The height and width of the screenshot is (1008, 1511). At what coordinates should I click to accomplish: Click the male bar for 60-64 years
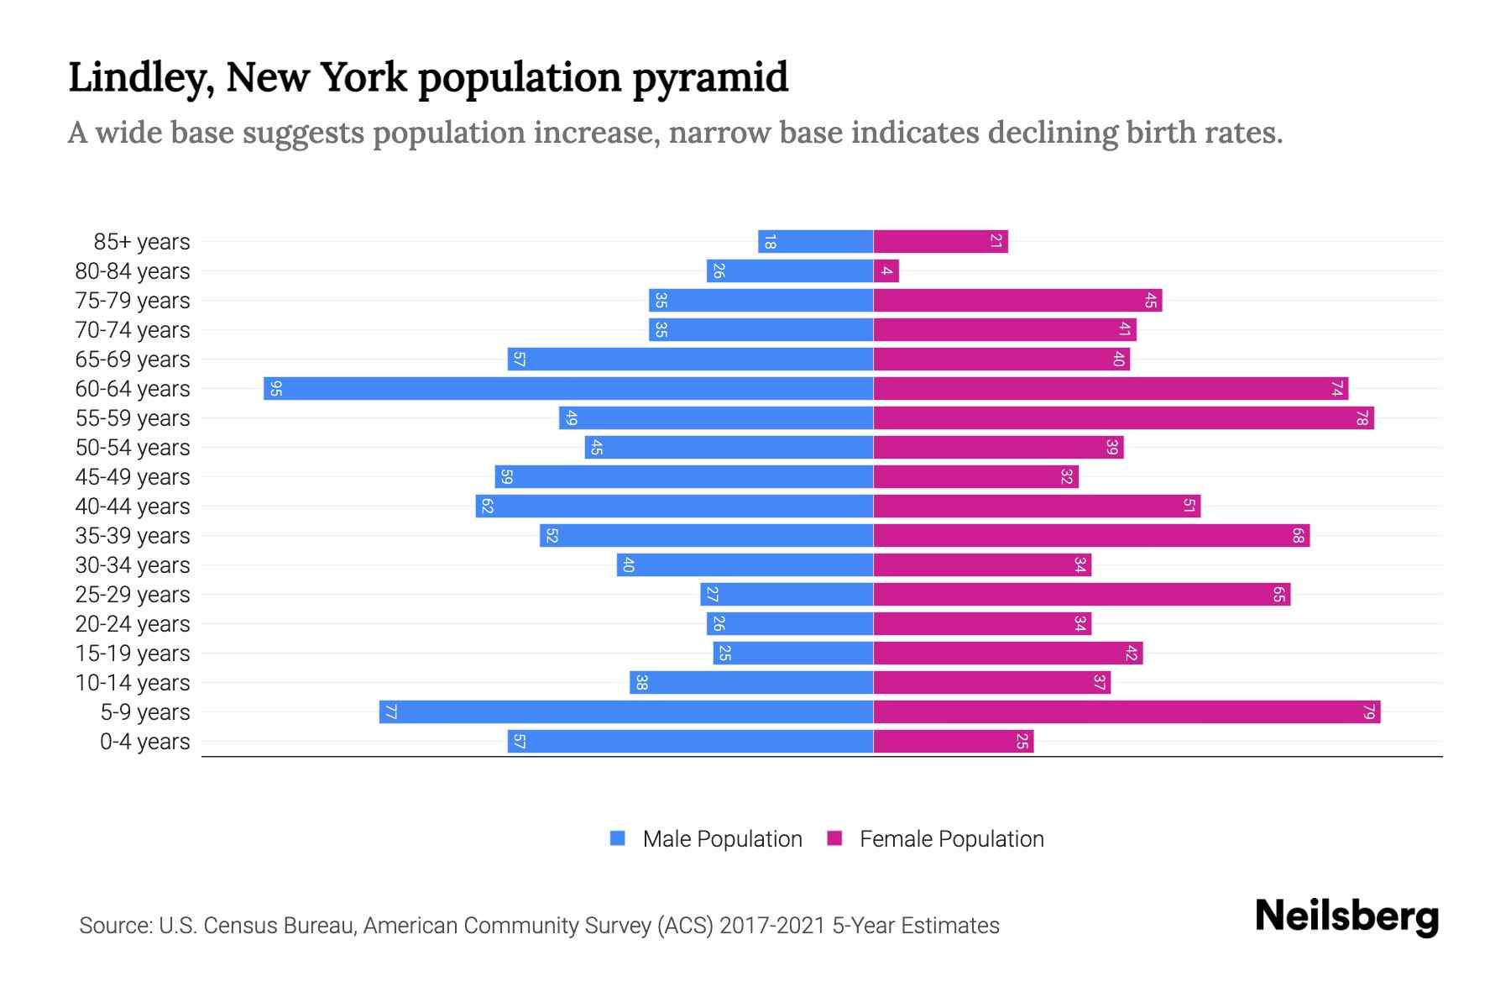568,389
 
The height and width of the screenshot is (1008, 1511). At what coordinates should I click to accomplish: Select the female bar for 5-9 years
1127,712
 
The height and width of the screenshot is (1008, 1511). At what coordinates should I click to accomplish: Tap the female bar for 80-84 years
886,271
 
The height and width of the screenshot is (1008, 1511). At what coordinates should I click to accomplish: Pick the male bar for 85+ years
815,242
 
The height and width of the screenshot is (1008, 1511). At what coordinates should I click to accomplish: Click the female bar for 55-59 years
1123,418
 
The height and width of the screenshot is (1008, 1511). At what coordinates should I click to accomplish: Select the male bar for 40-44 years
674,507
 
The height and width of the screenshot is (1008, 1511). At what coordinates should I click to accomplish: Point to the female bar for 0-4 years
954,742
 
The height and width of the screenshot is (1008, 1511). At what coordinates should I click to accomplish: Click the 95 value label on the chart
275,389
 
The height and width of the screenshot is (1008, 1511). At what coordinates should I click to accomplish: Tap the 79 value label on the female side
1369,712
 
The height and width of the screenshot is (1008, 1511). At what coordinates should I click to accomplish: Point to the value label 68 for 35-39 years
1298,536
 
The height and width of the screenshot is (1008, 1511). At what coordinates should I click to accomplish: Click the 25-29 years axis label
133,595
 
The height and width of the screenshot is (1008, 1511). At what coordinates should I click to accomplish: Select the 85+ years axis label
142,242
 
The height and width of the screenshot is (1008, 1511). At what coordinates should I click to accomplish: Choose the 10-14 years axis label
133,683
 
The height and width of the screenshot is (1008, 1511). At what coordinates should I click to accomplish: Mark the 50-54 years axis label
133,448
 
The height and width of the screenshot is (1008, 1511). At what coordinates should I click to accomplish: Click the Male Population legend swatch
618,838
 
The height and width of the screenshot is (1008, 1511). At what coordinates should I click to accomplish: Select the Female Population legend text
951,839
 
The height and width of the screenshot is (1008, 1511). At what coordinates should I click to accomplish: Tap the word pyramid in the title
710,78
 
